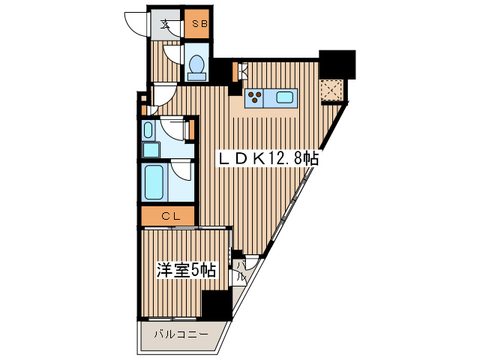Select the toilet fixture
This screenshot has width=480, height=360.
(x=197, y=67)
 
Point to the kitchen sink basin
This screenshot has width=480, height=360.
(x=286, y=96)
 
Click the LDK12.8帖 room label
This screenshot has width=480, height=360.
(x=268, y=159)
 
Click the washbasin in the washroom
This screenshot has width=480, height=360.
(x=148, y=130)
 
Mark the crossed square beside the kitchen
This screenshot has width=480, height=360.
(x=331, y=91)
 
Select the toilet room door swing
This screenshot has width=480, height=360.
(x=172, y=54)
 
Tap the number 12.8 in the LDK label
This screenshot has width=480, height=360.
(x=285, y=159)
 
